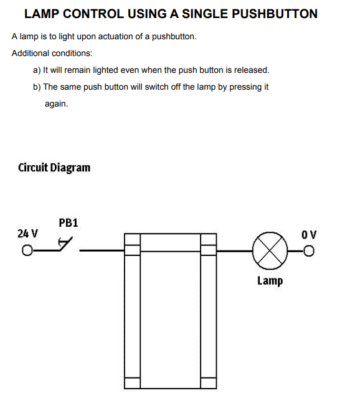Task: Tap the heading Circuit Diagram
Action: pos(54,168)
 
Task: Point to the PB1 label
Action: pos(68,222)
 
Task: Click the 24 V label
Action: pos(27,234)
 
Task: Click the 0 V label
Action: pos(308,235)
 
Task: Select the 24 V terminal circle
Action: pos(26,251)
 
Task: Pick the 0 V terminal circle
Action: pos(309,251)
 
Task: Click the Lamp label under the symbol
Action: pos(270,281)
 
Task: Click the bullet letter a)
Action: pos(37,70)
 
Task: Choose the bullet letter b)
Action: pos(37,87)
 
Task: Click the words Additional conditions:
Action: pos(52,54)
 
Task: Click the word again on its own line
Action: pos(56,103)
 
